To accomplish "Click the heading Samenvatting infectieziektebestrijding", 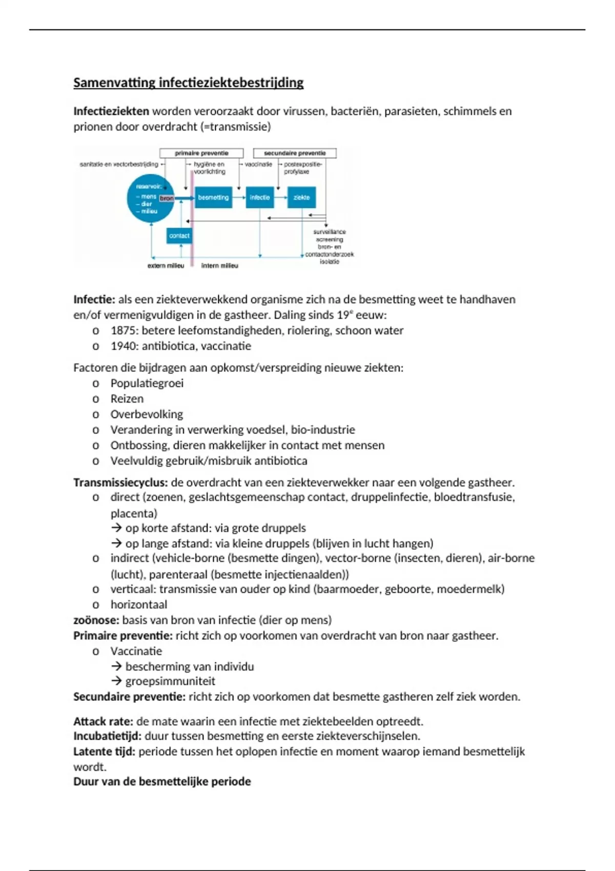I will click(x=188, y=82).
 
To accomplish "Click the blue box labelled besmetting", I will click(x=213, y=197).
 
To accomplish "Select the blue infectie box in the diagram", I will click(x=260, y=197).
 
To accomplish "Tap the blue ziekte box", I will click(x=301, y=197).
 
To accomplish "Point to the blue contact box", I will click(x=179, y=236).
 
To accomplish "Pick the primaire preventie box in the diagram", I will click(x=201, y=153).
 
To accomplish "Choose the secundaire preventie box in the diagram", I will click(x=295, y=153).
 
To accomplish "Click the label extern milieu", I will click(x=166, y=266).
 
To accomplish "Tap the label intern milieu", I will click(x=219, y=266).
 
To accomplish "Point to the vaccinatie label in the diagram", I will click(x=258, y=164).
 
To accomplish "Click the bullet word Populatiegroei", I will click(x=147, y=383).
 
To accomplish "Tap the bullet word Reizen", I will click(x=127, y=399).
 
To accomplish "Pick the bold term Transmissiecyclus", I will click(x=120, y=482).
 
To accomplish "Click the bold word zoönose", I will click(x=96, y=620).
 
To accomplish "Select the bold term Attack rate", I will click(x=103, y=721).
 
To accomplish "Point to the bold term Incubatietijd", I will click(x=107, y=736).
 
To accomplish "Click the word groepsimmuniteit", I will click(x=170, y=681).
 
